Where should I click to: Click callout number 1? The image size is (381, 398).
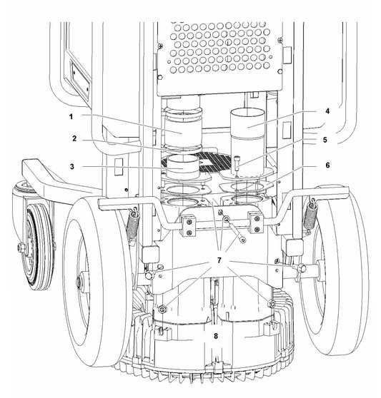pos(71,116)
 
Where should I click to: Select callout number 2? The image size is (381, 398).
pos(74,138)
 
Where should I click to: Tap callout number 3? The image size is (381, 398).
pos(72,166)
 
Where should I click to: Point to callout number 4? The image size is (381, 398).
pos(327,111)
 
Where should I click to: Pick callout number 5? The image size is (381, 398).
pos(325,140)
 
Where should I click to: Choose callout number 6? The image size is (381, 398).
pos(327,165)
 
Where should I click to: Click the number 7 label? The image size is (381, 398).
pos(219,260)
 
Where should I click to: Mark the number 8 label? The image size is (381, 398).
pos(216,336)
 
